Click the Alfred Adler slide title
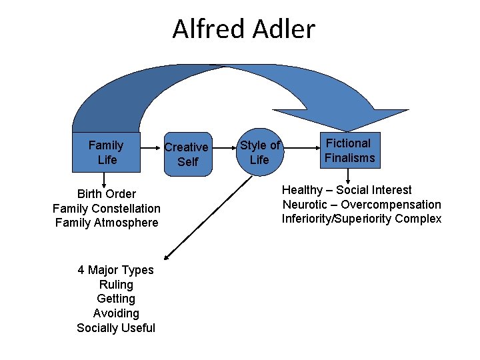click(243, 29)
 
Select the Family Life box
click(107, 152)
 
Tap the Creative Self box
click(187, 154)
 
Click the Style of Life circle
click(259, 152)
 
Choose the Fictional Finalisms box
click(349, 150)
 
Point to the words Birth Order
click(107, 194)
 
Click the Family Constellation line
click(107, 209)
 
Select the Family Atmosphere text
click(107, 223)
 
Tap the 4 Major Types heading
click(115, 270)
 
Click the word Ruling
click(115, 285)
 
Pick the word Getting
click(115, 299)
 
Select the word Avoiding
click(115, 313)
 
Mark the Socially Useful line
click(115, 328)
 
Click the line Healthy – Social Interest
click(347, 190)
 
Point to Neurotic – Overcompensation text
click(361, 205)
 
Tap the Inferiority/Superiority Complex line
click(361, 219)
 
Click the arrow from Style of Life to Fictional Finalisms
click(299, 151)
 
